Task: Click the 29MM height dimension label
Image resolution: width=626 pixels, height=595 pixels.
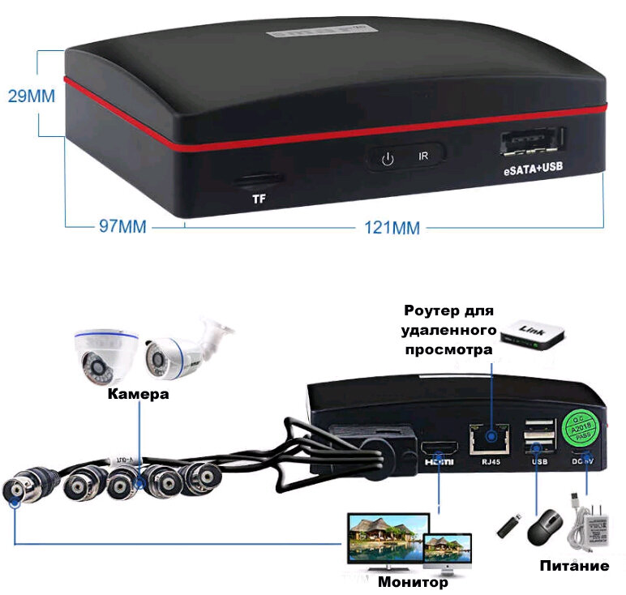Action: tap(32, 96)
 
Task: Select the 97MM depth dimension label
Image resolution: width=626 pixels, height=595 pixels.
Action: tap(122, 227)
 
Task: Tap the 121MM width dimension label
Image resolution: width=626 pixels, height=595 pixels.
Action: tap(390, 228)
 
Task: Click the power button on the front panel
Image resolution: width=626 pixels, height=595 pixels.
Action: tap(388, 156)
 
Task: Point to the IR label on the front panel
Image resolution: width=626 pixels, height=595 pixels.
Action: tap(422, 155)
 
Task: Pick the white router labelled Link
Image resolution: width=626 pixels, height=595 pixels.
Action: tap(532, 333)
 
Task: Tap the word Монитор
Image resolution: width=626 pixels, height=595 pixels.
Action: tap(413, 582)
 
